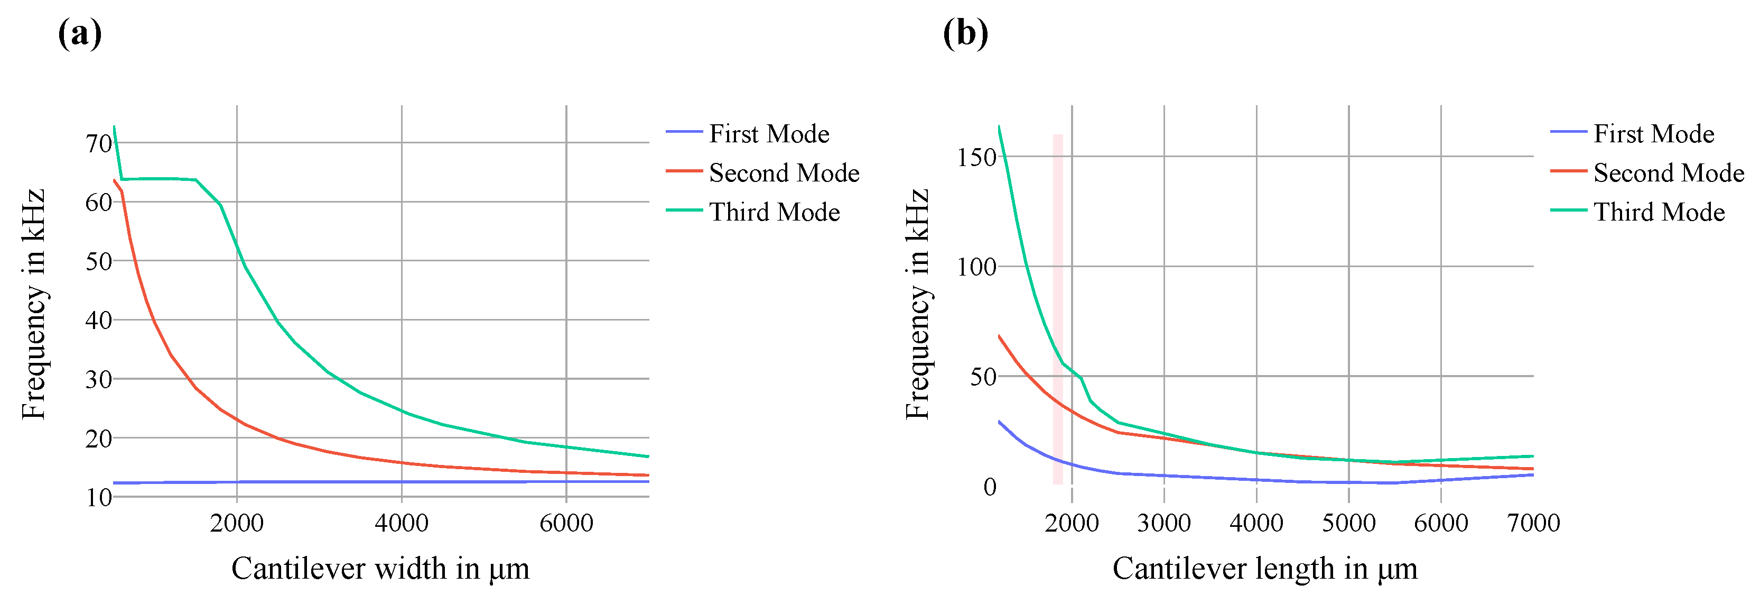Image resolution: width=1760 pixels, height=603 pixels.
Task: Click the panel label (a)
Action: click(x=80, y=33)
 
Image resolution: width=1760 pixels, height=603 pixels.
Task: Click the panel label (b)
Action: click(x=965, y=33)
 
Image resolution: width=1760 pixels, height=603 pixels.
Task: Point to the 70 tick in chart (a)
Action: click(x=98, y=143)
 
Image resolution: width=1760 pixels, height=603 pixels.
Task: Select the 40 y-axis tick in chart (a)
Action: click(x=98, y=320)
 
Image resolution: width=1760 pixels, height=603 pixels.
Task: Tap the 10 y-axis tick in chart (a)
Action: click(x=98, y=497)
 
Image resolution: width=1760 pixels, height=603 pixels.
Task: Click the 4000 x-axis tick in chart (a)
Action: click(x=401, y=523)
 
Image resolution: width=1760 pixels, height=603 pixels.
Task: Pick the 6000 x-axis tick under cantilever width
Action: click(x=566, y=523)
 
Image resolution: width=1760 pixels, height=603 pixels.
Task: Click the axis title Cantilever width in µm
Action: click(x=380, y=568)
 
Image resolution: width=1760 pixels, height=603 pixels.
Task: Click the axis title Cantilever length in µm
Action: click(x=1265, y=568)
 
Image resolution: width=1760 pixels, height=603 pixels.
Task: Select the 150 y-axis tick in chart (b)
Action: click(x=976, y=157)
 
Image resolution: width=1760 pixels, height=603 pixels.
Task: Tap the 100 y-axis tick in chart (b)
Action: click(x=976, y=267)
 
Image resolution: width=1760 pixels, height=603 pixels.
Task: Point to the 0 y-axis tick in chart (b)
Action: click(x=989, y=487)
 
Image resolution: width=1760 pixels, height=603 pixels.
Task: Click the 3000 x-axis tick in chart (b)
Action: click(x=1163, y=523)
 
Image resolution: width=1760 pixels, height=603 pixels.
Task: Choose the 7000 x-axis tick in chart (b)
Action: click(x=1533, y=523)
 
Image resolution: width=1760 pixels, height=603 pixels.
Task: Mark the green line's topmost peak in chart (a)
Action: click(x=114, y=126)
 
